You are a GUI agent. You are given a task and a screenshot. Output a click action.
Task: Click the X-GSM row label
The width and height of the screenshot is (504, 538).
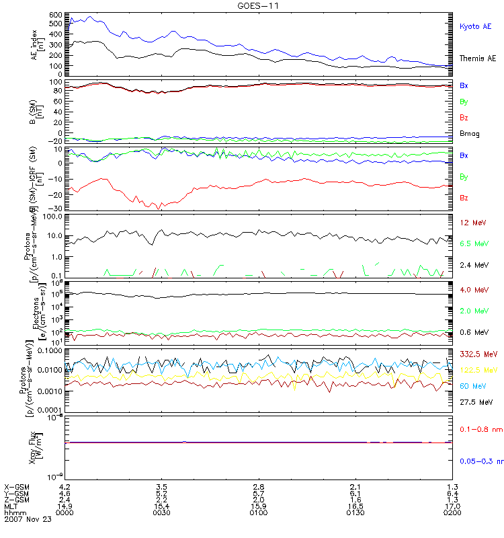16,486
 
